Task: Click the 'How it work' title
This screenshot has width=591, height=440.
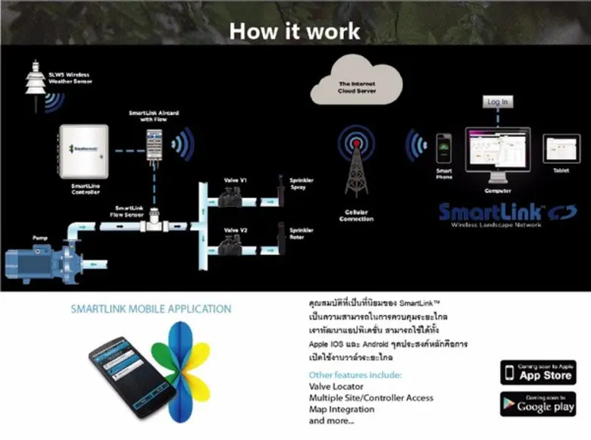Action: pos(295,31)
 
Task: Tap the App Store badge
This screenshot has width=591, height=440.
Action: pos(537,373)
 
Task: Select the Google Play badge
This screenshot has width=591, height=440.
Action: pos(537,404)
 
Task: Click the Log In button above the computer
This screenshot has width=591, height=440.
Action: pos(498,101)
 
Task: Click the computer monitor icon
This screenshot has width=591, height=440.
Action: pos(499,150)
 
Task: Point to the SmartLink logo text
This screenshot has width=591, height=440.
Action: pos(490,211)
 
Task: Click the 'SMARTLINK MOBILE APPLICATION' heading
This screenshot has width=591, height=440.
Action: pos(151,309)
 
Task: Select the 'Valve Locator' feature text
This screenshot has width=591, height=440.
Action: pos(336,387)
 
